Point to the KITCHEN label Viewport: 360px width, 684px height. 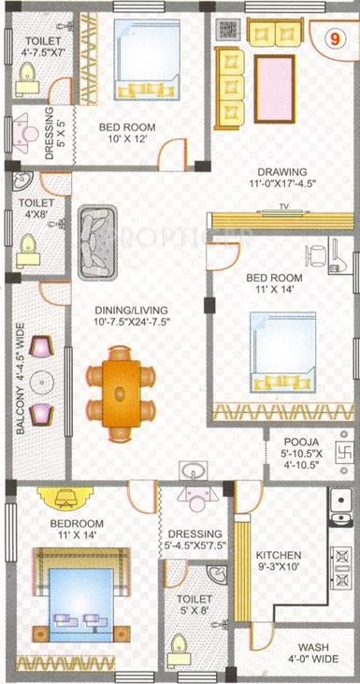pyautogui.click(x=278, y=554)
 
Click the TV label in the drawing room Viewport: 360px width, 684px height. pyautogui.click(x=282, y=207)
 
